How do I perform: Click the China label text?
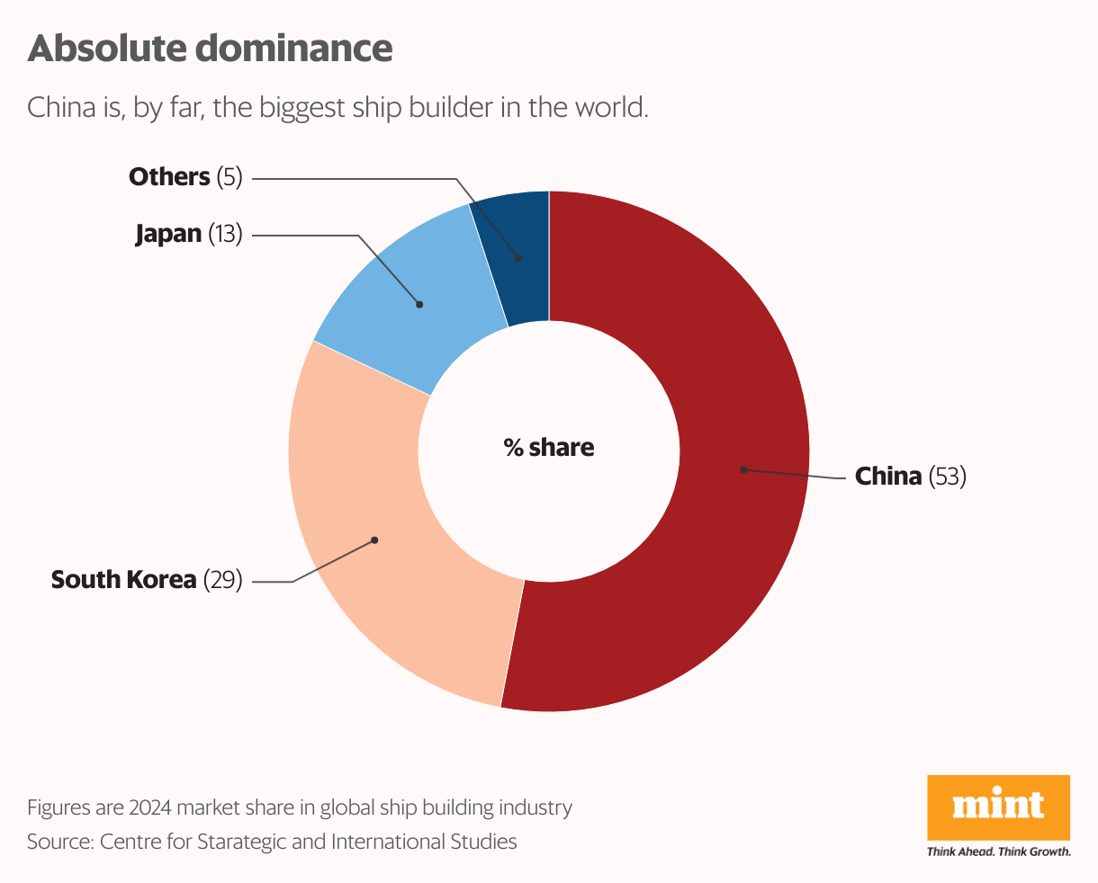point(887,476)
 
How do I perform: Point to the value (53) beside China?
point(948,476)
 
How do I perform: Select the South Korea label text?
point(123,580)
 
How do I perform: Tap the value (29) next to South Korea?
point(223,580)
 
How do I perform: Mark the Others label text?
point(169,177)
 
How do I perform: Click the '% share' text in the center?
point(549,448)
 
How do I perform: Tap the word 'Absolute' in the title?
point(108,49)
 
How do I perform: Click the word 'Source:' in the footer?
point(59,842)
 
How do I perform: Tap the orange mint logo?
point(998,807)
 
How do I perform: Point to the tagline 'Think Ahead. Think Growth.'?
point(998,852)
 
